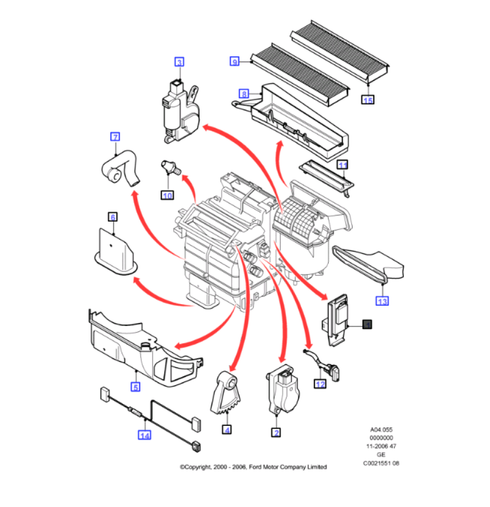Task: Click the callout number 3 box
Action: [x=179, y=62]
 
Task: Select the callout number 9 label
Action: [x=234, y=61]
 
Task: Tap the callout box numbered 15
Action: [x=367, y=100]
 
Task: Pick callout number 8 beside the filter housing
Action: [x=244, y=94]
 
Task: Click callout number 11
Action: [x=343, y=165]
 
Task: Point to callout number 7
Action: [x=115, y=136]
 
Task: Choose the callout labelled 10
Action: [x=167, y=194]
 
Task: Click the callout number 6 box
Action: [x=112, y=217]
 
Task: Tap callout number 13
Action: [x=382, y=301]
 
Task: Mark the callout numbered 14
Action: [x=145, y=434]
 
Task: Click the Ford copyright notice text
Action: [x=253, y=467]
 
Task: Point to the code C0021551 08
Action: [x=381, y=463]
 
